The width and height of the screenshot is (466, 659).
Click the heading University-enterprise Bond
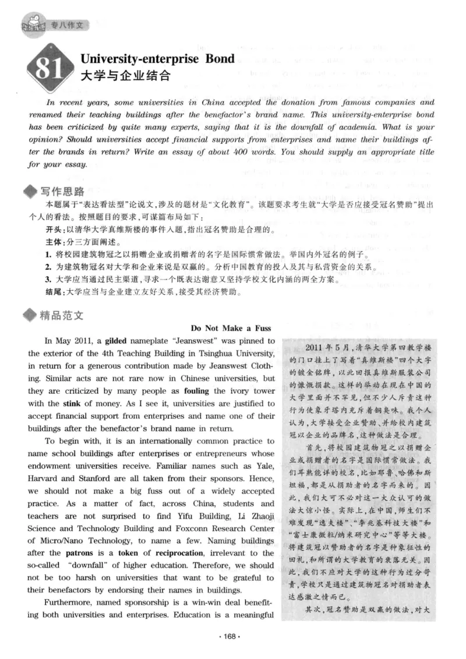click(x=157, y=59)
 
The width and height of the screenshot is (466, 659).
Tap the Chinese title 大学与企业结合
click(x=124, y=75)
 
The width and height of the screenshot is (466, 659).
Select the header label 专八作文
click(x=69, y=25)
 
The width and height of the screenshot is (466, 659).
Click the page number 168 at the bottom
click(x=232, y=636)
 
